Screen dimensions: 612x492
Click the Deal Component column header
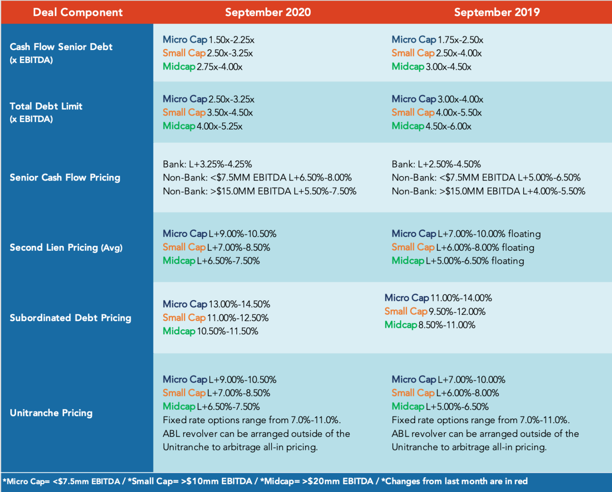(x=78, y=12)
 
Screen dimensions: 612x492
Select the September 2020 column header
(x=268, y=12)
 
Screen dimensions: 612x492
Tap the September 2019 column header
(x=497, y=12)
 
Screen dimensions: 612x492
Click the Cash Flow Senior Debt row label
(x=61, y=53)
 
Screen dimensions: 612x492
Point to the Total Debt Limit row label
(x=46, y=112)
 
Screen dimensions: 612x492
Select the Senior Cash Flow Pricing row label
(x=65, y=178)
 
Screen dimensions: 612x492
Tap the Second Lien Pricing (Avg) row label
(x=66, y=247)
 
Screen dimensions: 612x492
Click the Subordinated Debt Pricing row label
(x=71, y=318)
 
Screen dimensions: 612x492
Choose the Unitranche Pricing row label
(x=51, y=413)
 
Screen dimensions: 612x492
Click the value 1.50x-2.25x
(x=232, y=40)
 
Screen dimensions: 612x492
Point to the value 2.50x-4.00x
(x=459, y=53)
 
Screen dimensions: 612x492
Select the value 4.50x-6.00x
(x=448, y=126)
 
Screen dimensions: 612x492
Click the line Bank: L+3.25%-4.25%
(x=207, y=164)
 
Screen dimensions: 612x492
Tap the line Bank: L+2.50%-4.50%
(x=436, y=164)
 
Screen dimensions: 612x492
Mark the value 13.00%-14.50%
(x=239, y=304)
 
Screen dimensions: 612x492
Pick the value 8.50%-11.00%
(x=447, y=325)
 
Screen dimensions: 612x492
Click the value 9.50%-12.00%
(x=457, y=311)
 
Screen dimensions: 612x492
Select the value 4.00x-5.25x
(x=220, y=126)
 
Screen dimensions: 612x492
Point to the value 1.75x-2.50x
(x=460, y=40)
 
